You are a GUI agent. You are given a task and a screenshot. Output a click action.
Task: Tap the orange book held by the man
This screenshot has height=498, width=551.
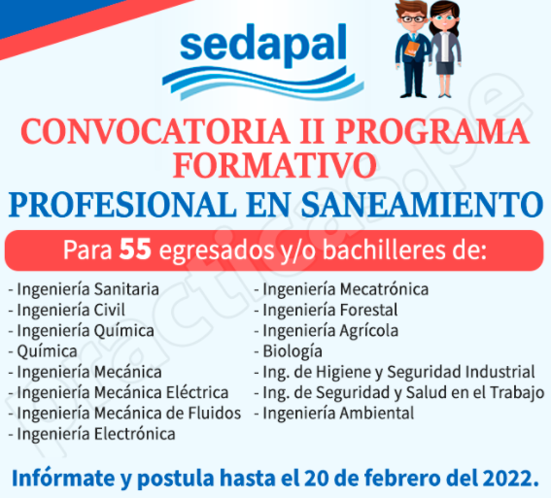[x=412, y=49]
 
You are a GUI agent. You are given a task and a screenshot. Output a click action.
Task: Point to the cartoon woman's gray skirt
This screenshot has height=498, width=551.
[x=444, y=67]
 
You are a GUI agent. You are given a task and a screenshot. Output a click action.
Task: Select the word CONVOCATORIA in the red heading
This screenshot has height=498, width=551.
[x=155, y=131]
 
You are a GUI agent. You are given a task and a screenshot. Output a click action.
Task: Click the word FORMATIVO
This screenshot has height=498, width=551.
[x=274, y=166]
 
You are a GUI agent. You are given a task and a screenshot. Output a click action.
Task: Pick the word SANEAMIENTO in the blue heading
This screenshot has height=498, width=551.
[x=423, y=205]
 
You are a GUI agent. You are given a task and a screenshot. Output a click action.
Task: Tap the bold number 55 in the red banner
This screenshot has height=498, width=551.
[x=135, y=249]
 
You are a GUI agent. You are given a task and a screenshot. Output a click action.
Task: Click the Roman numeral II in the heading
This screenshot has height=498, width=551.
[x=311, y=131]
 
